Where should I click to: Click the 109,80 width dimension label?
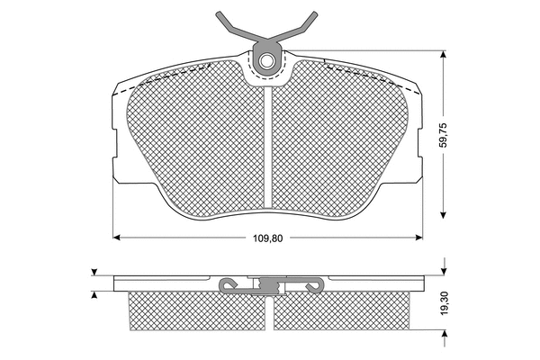pyautogui.click(x=267, y=238)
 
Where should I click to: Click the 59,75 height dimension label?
pyautogui.click(x=443, y=135)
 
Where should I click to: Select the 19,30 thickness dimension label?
pyautogui.click(x=444, y=302)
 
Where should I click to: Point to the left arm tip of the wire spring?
pyautogui.click(x=219, y=14)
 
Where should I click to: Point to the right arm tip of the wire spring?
pyautogui.click(x=315, y=13)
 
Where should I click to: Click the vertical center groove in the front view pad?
pyautogui.click(x=268, y=148)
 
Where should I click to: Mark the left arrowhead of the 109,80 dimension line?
pyautogui.click(x=116, y=238)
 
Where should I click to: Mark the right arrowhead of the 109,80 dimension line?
pyautogui.click(x=419, y=238)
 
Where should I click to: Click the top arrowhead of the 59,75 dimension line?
pyautogui.click(x=444, y=54)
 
